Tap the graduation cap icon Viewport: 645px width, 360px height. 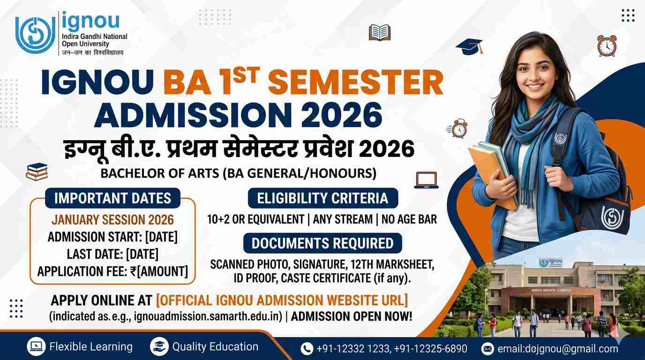469,46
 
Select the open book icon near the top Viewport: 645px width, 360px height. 380,33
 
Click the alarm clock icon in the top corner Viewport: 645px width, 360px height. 607,46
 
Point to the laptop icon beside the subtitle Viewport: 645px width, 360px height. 426,180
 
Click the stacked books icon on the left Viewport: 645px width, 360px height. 37,172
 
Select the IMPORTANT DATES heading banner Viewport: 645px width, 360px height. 112,198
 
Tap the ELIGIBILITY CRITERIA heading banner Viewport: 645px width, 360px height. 322,198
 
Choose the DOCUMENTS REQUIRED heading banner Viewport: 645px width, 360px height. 322,243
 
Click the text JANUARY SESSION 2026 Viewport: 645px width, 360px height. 112,219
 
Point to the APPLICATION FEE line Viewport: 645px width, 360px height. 112,271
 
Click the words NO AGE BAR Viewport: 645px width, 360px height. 409,219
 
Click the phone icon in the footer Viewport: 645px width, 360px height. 307,349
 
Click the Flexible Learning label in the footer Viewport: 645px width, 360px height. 91,347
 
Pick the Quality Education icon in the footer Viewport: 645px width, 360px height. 159,347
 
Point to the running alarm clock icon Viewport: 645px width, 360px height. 458,128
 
